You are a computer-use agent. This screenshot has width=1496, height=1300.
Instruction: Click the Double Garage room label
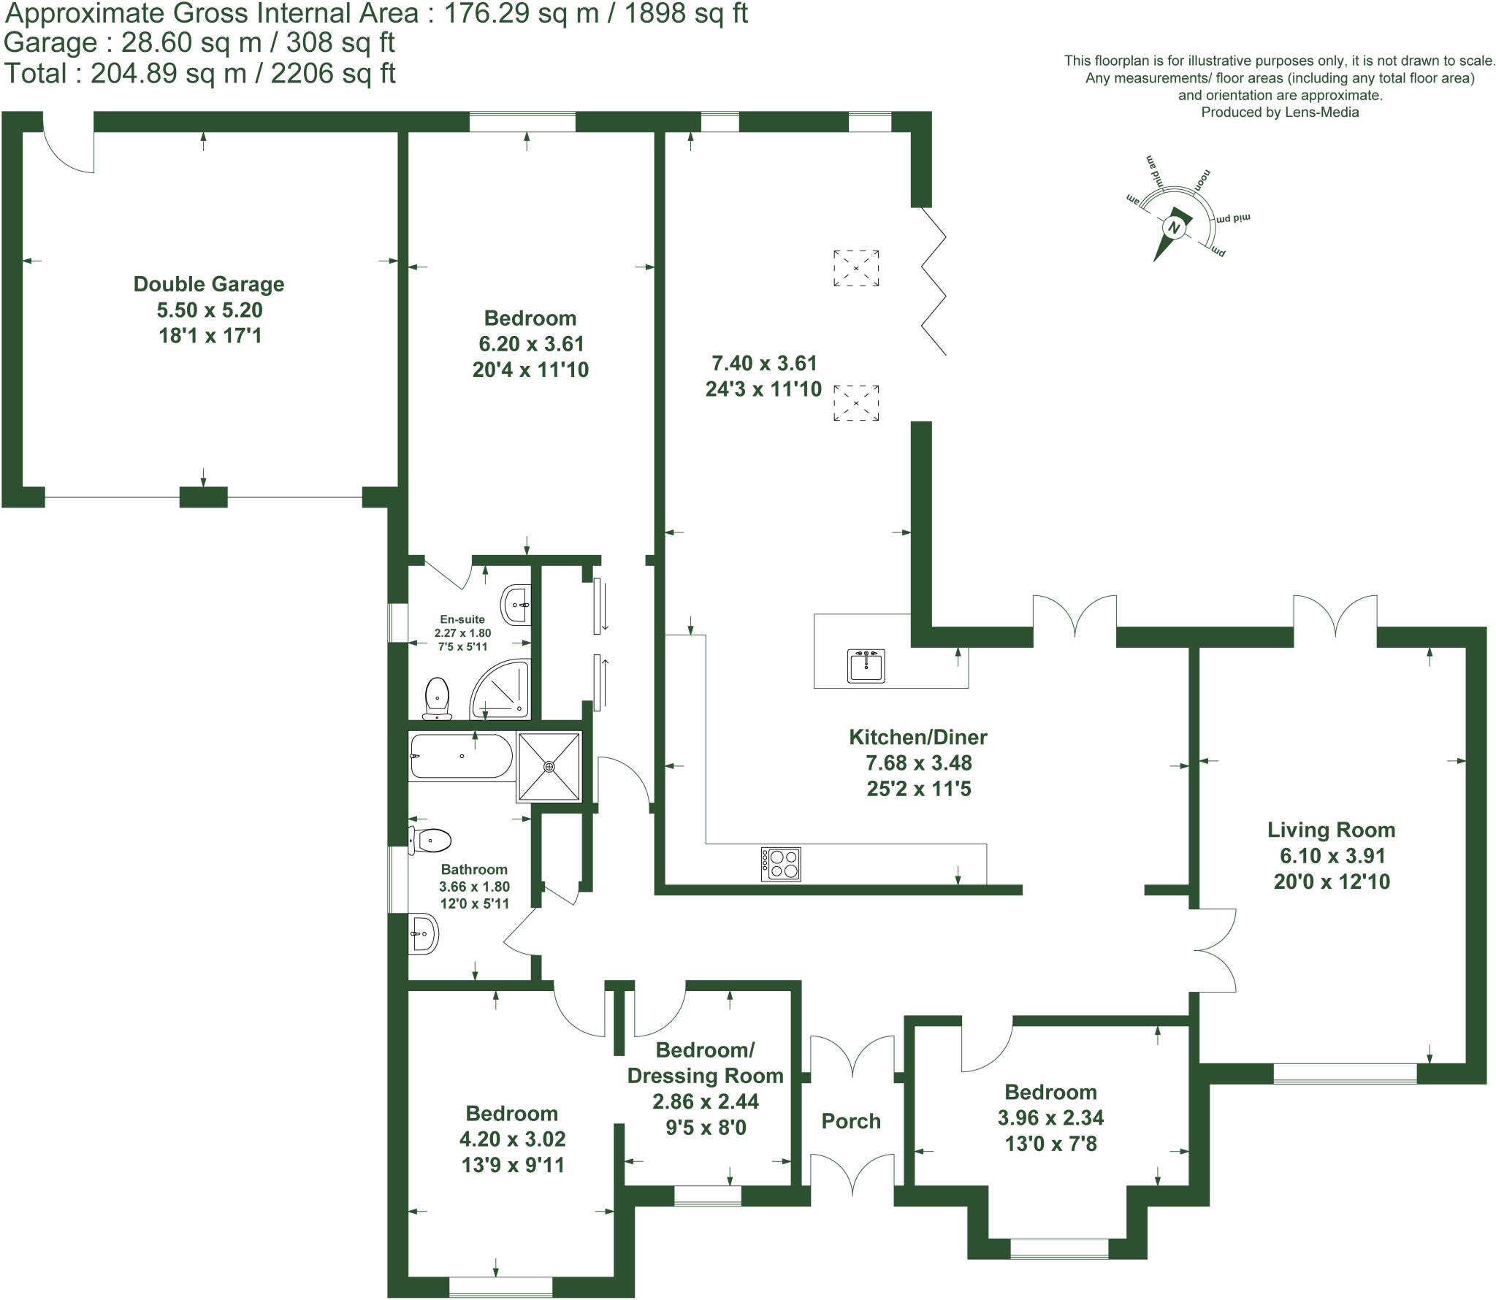[209, 284]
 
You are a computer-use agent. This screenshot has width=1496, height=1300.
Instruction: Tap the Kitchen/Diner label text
[917, 737]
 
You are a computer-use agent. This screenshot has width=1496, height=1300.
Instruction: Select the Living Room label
[1331, 830]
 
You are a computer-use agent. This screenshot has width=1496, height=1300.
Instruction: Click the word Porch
[851, 1121]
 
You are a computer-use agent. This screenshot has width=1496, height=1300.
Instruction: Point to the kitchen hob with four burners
[781, 864]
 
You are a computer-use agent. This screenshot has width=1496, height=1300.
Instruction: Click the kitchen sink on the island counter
[866, 665]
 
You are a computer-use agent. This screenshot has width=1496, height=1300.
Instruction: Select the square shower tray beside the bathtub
[549, 766]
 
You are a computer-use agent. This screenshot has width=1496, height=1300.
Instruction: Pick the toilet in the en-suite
[437, 697]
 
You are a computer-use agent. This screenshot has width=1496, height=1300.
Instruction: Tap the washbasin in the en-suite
[516, 605]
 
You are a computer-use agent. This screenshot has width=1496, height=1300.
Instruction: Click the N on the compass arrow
[1175, 228]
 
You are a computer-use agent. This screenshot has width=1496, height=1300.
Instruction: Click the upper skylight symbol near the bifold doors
[856, 268]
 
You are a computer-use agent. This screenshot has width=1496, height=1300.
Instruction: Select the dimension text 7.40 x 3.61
[763, 363]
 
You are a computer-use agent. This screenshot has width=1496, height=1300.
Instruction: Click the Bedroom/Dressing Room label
[705, 1063]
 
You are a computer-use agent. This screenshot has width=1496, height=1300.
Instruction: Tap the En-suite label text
[462, 619]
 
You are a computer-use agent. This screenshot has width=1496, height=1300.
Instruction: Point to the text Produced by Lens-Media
[1280, 112]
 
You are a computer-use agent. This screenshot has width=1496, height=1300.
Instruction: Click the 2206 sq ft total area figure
[333, 74]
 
